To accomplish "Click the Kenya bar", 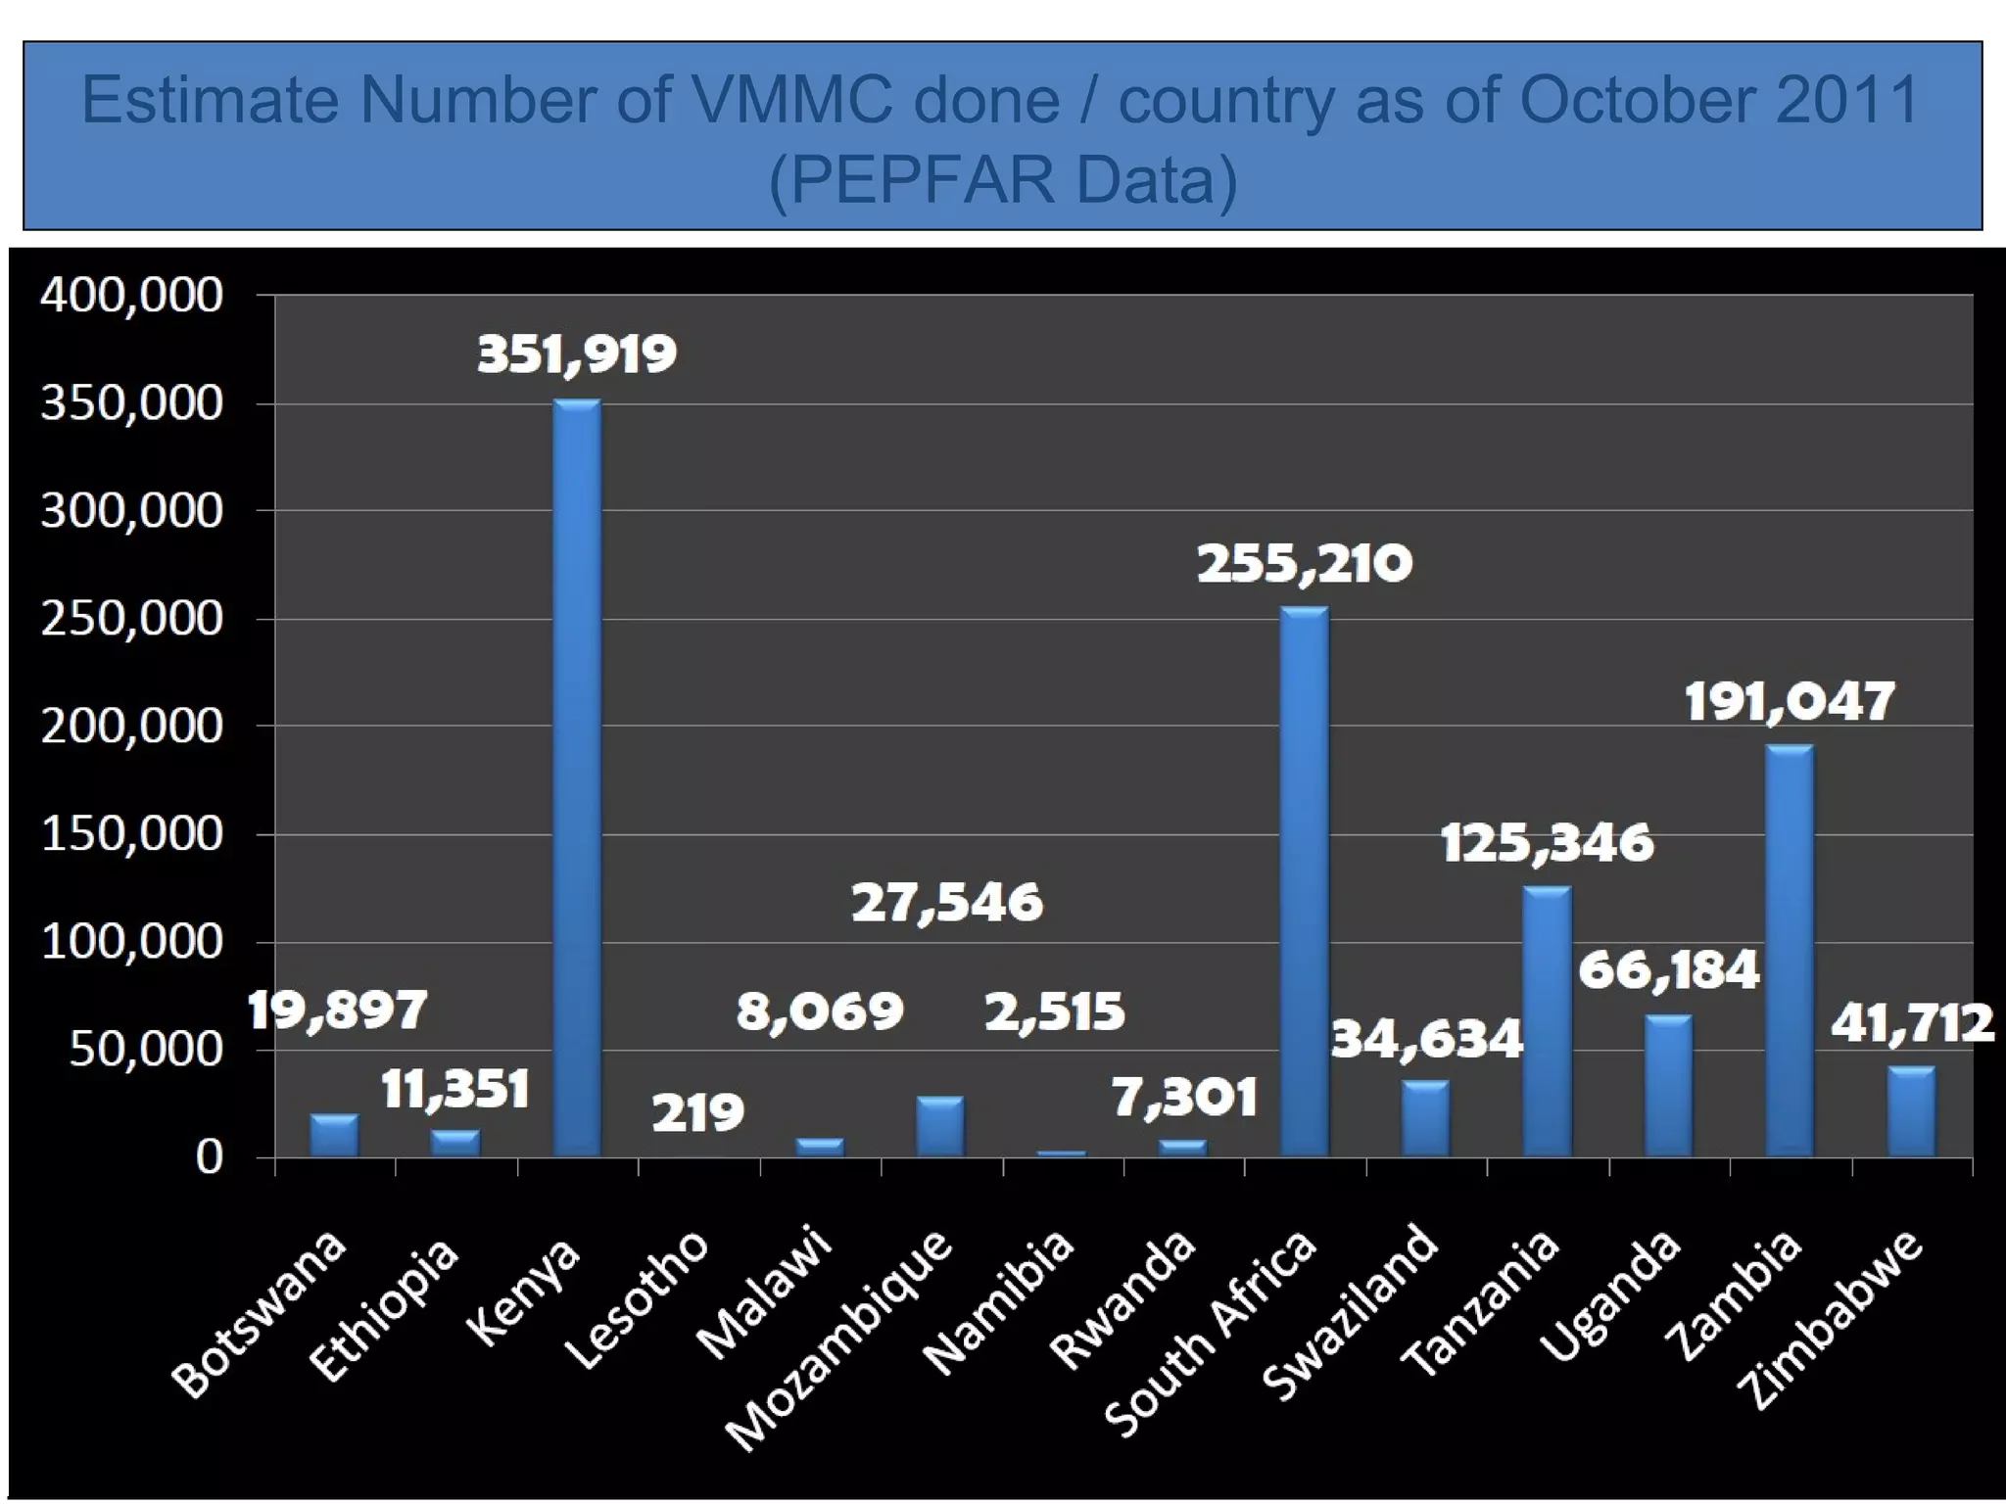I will [577, 778].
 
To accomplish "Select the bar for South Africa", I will [1305, 881].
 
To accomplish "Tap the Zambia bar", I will [1790, 950].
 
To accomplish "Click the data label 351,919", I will [577, 354].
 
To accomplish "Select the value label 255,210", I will [1305, 564].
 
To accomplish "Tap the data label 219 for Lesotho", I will [698, 1113].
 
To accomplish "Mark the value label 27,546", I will [947, 903].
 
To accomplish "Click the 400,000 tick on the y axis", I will [131, 295].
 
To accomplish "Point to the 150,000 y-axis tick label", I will [131, 834].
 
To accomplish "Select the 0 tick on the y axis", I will [209, 1158].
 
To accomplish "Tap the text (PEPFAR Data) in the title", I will [1003, 180].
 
